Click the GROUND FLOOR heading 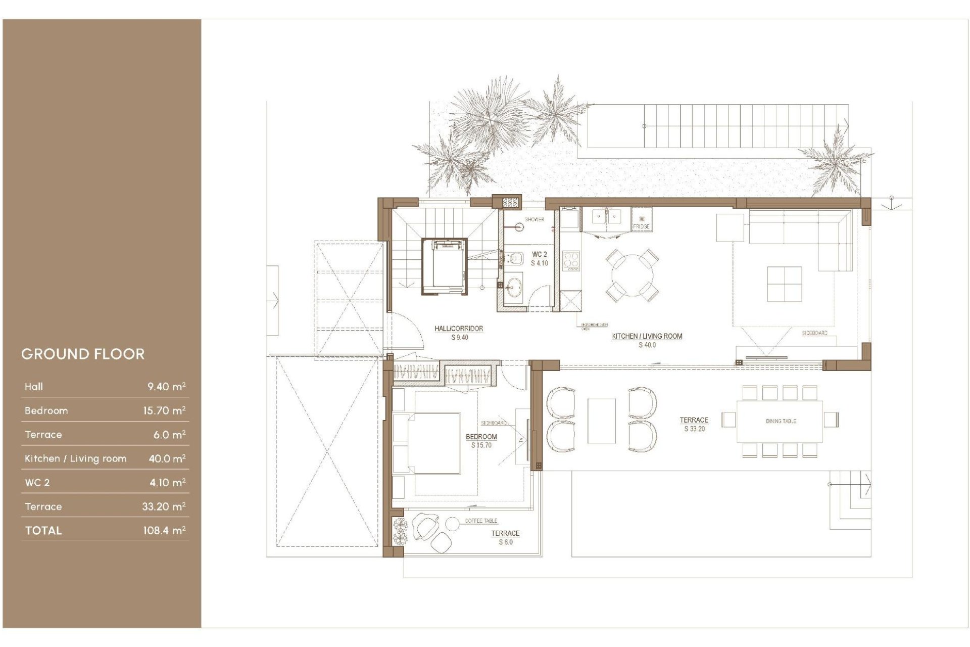click(x=83, y=354)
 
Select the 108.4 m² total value click(x=164, y=530)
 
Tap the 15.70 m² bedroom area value click(x=164, y=410)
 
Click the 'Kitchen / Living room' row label click(x=75, y=458)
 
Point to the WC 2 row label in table click(x=37, y=483)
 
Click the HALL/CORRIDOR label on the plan click(x=459, y=329)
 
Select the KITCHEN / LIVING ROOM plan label click(x=647, y=336)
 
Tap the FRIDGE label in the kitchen click(x=641, y=226)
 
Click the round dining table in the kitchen click(x=632, y=275)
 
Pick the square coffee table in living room click(x=784, y=284)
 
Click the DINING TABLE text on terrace click(x=781, y=421)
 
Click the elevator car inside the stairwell click(x=445, y=266)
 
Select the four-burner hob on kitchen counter click(x=571, y=261)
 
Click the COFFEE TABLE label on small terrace click(x=481, y=521)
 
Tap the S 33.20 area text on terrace click(x=694, y=429)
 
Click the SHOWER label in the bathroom click(x=535, y=219)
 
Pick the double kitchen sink click(x=606, y=218)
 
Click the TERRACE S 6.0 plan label click(x=505, y=537)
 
